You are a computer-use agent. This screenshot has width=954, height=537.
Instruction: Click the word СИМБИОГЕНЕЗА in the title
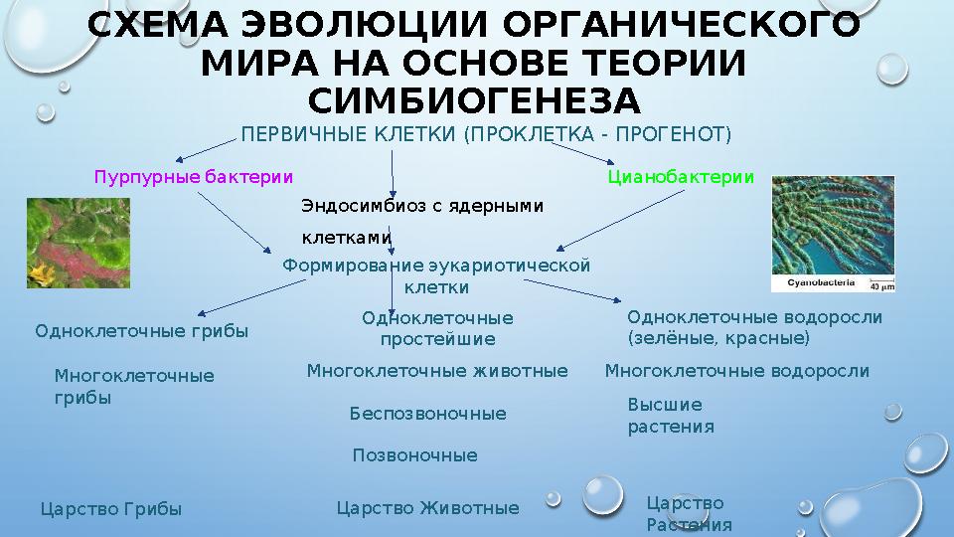click(x=474, y=101)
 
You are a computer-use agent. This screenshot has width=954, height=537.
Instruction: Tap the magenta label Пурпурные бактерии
click(x=193, y=178)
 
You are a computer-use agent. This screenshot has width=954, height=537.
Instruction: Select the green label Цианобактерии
click(x=680, y=178)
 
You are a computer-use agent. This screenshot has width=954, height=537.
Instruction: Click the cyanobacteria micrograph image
click(x=833, y=235)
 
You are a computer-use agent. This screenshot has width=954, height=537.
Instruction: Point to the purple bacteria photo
click(x=78, y=244)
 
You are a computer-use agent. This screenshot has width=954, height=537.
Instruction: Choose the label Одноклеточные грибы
click(x=141, y=331)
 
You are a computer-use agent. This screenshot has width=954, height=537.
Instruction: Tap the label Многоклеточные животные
click(x=436, y=371)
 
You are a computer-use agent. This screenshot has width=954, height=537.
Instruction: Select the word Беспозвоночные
click(x=427, y=414)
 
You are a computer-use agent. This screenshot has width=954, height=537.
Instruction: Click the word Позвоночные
click(x=414, y=455)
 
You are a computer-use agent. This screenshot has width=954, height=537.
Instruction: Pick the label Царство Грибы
click(x=110, y=509)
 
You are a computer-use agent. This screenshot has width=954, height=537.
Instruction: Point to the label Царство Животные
click(x=427, y=509)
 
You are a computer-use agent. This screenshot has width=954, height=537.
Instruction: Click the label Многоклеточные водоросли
click(x=736, y=371)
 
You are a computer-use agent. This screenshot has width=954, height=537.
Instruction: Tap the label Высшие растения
click(x=671, y=416)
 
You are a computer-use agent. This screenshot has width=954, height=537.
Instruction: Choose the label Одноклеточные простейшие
click(x=437, y=328)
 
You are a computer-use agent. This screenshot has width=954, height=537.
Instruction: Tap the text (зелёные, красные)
click(x=718, y=339)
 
